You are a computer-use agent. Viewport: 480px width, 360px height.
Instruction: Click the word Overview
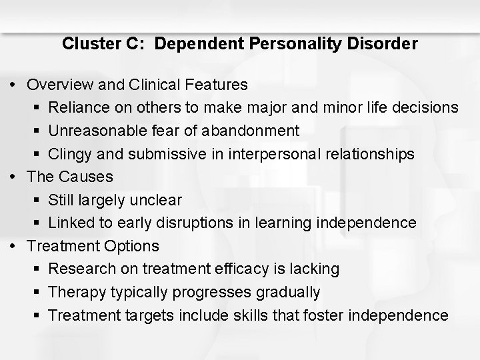coord(59,85)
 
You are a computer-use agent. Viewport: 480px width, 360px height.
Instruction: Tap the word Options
coord(131,246)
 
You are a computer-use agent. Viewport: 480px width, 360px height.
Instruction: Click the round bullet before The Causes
coord(16,177)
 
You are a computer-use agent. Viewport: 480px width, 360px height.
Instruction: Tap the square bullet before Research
coord(39,269)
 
